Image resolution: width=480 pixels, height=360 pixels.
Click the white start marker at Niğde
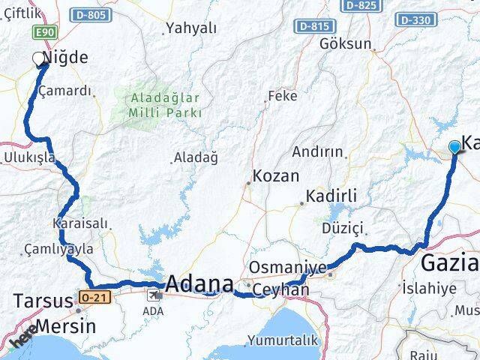39,58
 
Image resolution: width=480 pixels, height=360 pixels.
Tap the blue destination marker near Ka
454,147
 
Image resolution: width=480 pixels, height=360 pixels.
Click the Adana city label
199,284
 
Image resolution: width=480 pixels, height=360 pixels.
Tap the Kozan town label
276,177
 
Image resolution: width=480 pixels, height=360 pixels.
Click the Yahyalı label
191,28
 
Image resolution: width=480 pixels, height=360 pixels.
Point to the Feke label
282,96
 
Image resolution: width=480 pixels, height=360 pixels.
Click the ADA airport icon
154,294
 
